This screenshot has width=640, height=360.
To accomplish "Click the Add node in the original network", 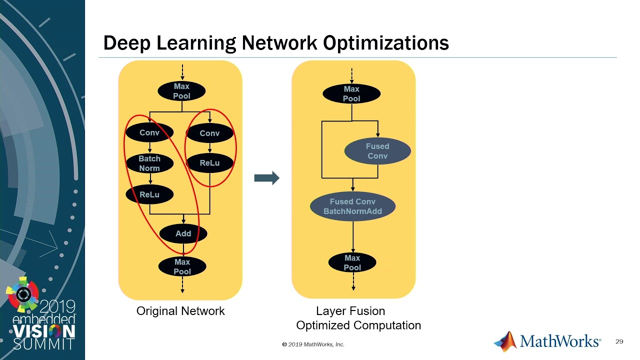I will [183, 233].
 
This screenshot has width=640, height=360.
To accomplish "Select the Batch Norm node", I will [149, 163].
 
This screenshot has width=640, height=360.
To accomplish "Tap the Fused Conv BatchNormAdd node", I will [352, 206].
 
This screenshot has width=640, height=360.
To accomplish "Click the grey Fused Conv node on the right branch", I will [377, 151].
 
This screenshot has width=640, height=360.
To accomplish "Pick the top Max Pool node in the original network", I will [181, 91].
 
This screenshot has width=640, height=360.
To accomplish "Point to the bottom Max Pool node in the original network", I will [182, 266].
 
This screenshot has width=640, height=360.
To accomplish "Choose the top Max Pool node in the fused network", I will [351, 93].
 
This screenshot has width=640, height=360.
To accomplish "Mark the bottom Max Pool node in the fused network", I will [352, 262].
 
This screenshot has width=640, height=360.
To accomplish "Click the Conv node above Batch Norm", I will [149, 132].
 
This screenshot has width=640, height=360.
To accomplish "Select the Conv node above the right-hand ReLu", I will [209, 133].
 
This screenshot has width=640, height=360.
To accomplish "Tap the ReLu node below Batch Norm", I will [149, 194].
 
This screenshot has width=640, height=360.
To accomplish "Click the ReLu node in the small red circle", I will [209, 163].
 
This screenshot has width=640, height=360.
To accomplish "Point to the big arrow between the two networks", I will [266, 178].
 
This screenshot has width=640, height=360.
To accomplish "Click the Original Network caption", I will [180, 311].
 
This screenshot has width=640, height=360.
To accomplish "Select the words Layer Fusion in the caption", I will [350, 311].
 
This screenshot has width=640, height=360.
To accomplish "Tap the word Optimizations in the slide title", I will [386, 43].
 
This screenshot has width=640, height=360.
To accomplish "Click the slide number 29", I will [619, 341].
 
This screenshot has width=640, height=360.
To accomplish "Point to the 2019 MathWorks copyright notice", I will [313, 344].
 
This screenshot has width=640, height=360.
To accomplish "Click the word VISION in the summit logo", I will [44, 331].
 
